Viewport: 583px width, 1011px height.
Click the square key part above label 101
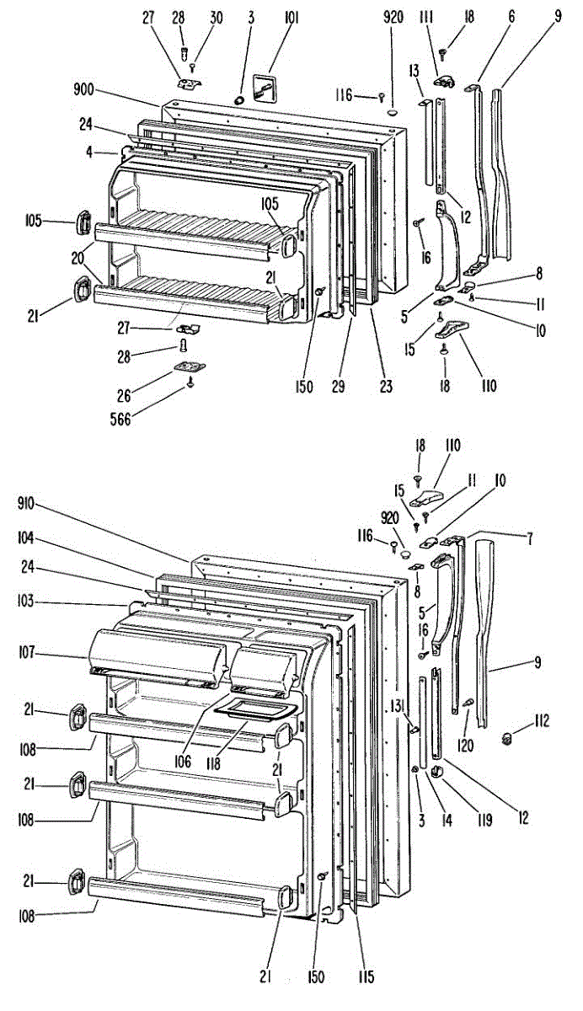[x=266, y=86]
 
